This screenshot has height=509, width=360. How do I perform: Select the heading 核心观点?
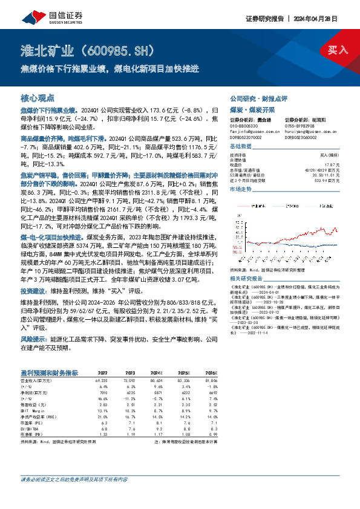38,98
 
